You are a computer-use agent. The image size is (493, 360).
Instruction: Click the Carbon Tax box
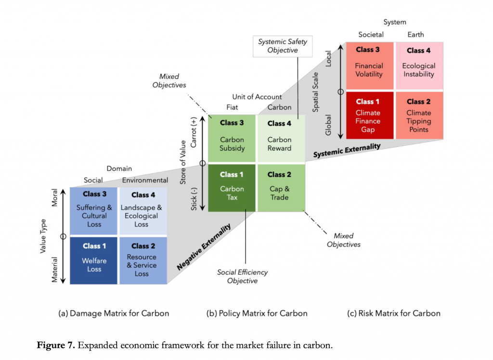coord(232,188)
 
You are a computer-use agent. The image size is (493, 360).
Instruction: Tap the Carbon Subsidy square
coord(232,138)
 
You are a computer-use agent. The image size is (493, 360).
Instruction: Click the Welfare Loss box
coord(94,260)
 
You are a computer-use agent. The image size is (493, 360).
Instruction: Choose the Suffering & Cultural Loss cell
coord(94,211)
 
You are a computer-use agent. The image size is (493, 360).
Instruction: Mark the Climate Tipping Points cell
coord(418,116)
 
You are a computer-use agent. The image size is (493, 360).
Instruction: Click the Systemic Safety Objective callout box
coord(282,46)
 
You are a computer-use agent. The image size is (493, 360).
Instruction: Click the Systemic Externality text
coord(347,150)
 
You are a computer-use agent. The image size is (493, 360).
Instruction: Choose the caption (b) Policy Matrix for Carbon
coord(257,313)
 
